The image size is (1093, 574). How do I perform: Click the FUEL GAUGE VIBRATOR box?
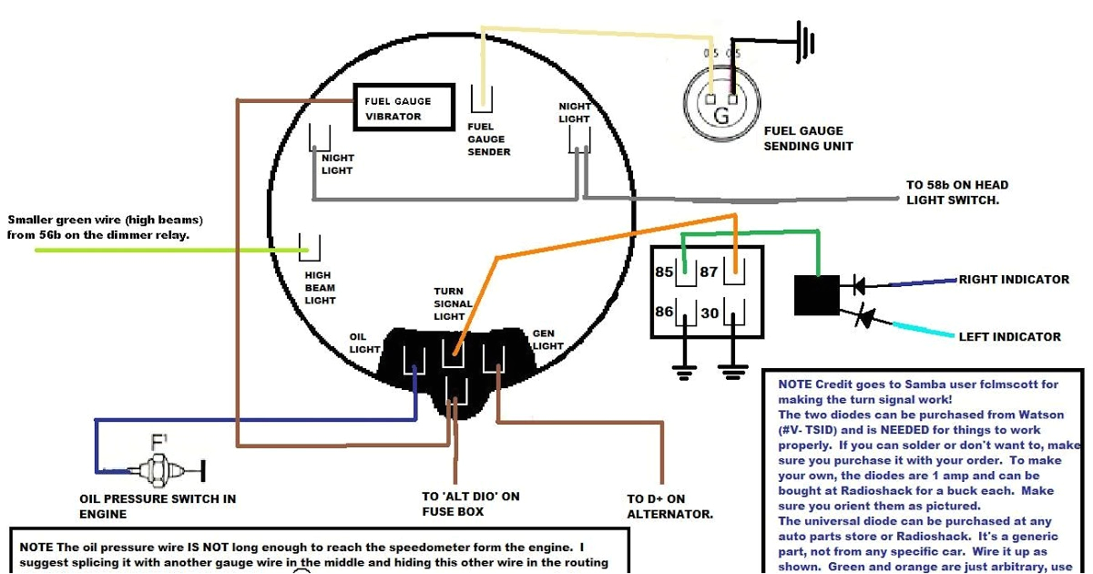(x=403, y=108)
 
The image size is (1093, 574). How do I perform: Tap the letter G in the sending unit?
(x=720, y=116)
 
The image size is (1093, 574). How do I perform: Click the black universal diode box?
(x=817, y=295)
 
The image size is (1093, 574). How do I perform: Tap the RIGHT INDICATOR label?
(x=1014, y=280)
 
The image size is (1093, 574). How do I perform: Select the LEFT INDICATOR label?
(x=1009, y=336)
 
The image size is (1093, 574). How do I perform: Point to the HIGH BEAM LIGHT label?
(x=320, y=287)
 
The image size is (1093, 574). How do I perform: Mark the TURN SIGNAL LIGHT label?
(x=453, y=303)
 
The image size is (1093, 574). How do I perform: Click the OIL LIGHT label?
(x=364, y=343)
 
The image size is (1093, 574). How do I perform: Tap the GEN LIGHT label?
(x=547, y=340)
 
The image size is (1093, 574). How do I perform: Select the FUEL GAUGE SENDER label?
(x=488, y=139)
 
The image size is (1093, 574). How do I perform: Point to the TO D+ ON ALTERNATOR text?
(x=669, y=507)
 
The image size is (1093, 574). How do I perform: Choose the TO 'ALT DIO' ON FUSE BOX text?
(x=470, y=504)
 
